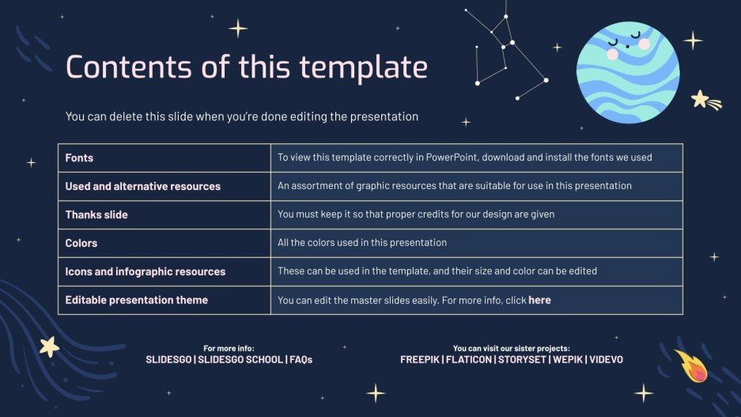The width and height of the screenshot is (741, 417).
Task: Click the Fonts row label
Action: [79, 157]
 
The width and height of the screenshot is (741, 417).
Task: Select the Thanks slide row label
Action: [96, 214]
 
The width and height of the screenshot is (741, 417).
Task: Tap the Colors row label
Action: [81, 243]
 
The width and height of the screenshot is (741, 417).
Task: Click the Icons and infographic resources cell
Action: [146, 271]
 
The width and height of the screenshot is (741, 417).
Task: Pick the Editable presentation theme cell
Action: [137, 300]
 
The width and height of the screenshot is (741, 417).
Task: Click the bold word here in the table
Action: [539, 300]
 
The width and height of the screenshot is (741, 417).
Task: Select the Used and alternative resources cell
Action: [143, 186]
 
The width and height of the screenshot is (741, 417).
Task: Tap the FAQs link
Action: [301, 359]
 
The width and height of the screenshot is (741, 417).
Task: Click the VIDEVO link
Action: [606, 359]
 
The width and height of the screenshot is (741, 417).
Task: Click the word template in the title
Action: [372, 67]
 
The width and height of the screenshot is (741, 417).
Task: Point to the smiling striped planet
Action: [627, 73]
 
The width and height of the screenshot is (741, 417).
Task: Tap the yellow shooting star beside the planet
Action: [703, 100]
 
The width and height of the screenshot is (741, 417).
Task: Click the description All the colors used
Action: [362, 243]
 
